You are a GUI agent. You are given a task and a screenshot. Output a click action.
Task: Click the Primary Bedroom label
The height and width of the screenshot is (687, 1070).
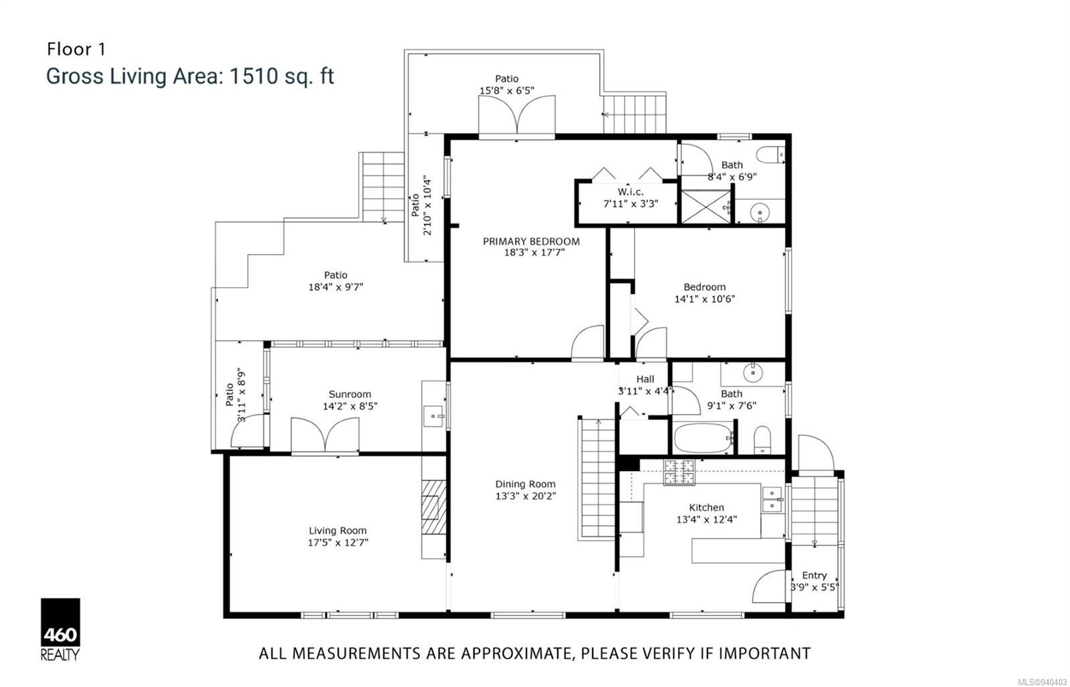click(531, 241)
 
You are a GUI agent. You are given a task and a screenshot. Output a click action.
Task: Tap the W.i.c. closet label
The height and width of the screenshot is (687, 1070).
click(631, 192)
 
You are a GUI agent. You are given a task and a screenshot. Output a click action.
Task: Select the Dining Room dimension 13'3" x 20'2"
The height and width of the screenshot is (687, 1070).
click(526, 496)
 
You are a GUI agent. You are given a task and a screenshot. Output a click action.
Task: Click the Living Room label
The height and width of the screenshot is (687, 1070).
click(338, 530)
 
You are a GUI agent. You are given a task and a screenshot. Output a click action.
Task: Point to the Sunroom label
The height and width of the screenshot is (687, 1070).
click(350, 394)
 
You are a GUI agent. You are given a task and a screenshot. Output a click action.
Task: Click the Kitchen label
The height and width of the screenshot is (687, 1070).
click(706, 507)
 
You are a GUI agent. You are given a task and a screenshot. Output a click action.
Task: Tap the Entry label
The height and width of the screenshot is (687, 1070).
click(815, 575)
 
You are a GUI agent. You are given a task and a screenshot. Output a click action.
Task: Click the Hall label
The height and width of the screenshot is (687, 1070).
click(645, 379)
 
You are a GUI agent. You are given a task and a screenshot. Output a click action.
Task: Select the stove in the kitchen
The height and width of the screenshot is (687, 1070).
click(679, 472)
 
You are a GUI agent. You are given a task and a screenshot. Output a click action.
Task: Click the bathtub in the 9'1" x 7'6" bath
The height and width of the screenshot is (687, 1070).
click(703, 437)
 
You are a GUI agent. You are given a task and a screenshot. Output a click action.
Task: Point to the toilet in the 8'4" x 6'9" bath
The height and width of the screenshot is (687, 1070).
click(770, 155)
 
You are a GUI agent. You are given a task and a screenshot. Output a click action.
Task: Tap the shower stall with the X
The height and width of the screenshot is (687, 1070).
click(706, 207)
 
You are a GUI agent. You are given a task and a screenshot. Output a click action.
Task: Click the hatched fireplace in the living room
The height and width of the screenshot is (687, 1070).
click(434, 506)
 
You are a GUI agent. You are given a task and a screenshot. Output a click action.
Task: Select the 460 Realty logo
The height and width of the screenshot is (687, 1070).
click(60, 629)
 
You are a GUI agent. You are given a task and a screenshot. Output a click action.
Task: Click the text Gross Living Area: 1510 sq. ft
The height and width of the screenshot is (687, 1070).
click(190, 76)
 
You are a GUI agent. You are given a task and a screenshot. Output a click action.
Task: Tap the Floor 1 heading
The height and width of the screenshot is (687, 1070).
click(76, 50)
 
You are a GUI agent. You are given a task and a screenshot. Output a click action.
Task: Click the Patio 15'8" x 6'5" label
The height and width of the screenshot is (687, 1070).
click(507, 84)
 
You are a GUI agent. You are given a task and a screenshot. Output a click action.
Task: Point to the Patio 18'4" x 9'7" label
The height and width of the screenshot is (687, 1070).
click(336, 281)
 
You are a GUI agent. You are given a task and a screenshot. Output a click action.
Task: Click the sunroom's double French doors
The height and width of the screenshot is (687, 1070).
click(325, 435)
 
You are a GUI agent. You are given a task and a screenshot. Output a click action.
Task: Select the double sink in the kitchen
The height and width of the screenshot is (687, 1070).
click(772, 499)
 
